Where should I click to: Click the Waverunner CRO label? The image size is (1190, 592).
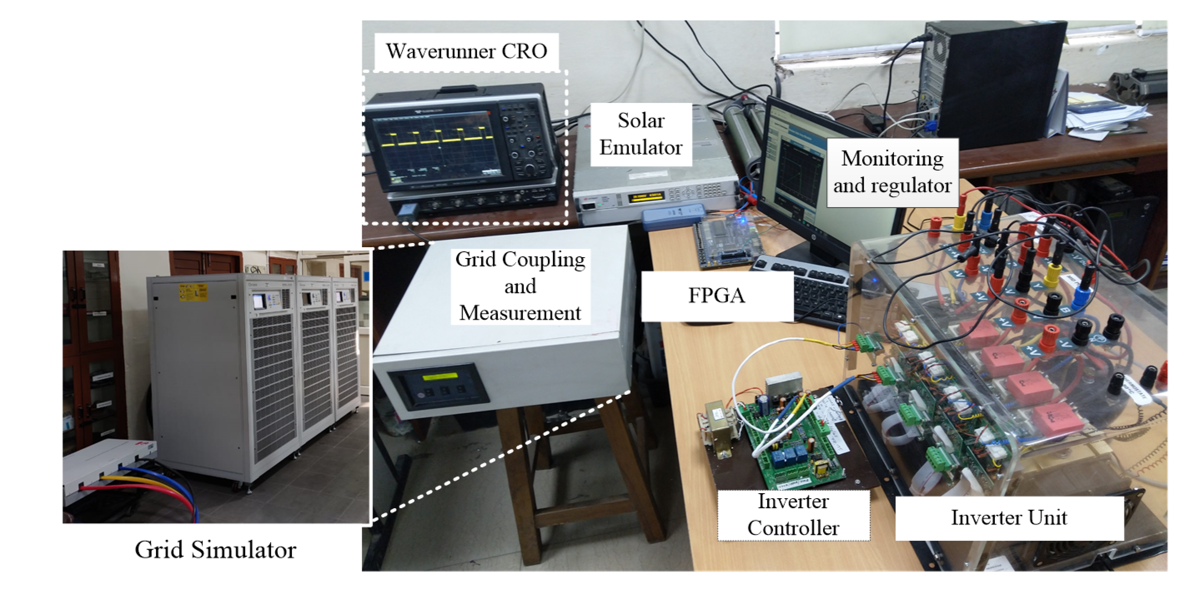coord(466,51)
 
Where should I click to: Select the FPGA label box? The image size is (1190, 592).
coord(717,296)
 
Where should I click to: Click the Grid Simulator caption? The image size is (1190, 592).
coord(215,549)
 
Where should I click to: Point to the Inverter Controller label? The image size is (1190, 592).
coord(793,515)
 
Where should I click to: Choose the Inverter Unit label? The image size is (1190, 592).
coord(1009,518)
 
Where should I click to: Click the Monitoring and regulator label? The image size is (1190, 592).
coord(892,172)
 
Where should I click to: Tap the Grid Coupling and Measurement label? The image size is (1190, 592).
coord(520,286)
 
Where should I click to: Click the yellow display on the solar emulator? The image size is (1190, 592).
coord(646,198)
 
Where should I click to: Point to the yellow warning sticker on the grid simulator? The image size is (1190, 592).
coord(193,292)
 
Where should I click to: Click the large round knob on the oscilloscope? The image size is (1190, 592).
coord(529,169)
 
